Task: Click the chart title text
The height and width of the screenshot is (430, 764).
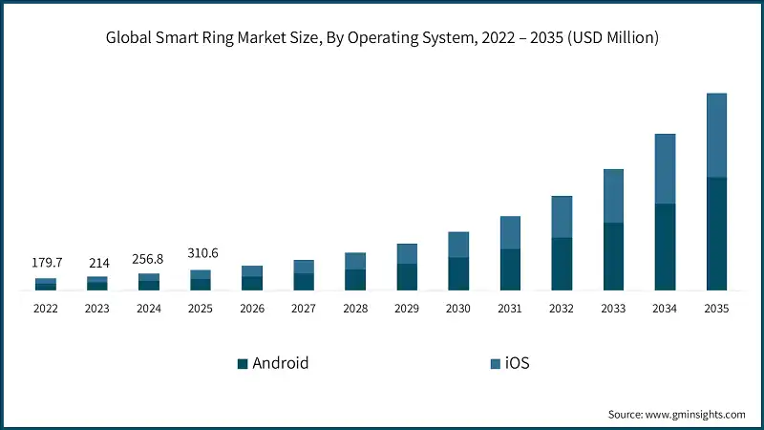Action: point(382,38)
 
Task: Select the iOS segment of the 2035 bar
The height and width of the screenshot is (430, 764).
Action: point(716,135)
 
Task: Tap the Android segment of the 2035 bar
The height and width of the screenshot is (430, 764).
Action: point(716,233)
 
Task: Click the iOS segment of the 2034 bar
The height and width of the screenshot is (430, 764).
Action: point(665,168)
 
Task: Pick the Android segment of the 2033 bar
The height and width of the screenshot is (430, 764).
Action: point(613,256)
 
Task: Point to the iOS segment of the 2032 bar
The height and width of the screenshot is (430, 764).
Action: point(562,217)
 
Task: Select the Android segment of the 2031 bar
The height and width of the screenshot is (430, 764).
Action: point(510,269)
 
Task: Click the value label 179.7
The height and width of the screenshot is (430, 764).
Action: point(46,263)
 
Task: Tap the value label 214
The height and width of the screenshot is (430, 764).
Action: point(97,263)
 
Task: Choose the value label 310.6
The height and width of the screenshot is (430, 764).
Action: point(201,253)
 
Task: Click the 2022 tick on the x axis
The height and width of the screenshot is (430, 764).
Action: point(46,309)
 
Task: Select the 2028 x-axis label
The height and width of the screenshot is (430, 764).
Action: point(355,309)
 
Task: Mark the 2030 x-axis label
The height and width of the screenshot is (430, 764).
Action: point(458,309)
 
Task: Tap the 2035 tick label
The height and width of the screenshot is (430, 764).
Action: point(716,309)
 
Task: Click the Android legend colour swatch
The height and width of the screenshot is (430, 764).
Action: point(243,363)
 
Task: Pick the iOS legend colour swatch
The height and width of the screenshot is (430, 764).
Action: point(495,363)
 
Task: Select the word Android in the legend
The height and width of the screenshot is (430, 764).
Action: point(280,363)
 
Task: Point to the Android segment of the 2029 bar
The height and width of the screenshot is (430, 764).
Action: point(407,276)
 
